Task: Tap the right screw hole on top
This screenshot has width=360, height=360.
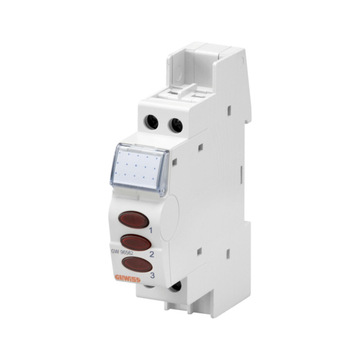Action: (x=176, y=124)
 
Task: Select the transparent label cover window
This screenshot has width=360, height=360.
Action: (x=142, y=166)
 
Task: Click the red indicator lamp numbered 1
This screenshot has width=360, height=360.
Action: (x=134, y=220)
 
